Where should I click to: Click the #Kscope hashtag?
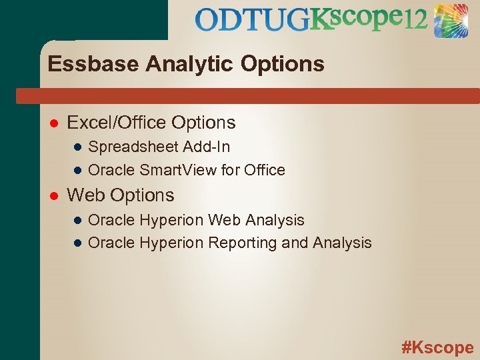[437, 347]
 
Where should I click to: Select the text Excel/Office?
[117, 123]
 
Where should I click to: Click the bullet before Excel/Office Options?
[53, 123]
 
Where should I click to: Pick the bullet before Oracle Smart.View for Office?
[77, 171]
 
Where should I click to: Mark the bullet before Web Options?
[53, 196]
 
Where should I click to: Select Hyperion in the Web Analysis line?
[171, 220]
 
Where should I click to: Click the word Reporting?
[243, 243]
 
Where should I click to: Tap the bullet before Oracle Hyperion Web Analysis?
[77, 220]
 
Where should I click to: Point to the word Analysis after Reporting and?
[341, 243]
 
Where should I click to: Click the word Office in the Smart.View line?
[265, 171]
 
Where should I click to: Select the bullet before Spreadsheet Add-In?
[77, 147]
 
